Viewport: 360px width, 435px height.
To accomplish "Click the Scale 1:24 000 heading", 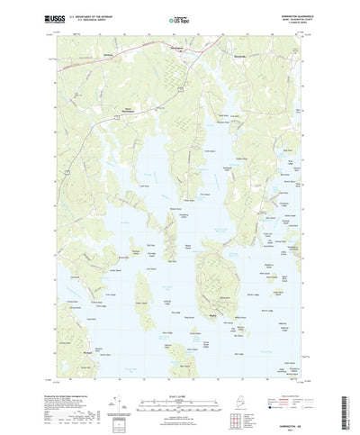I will click(180, 380).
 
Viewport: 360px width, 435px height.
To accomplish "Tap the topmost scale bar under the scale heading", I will click(180, 386).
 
